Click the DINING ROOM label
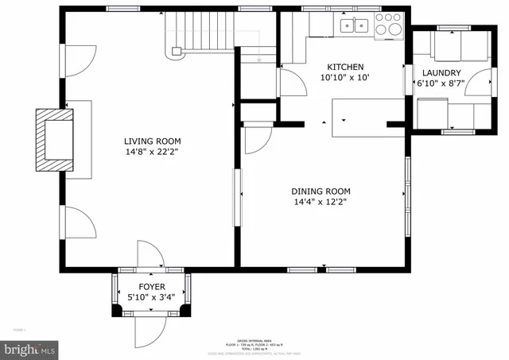[321, 191]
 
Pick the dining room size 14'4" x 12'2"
[321, 202]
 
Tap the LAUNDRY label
[441, 72]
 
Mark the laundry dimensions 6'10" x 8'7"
[441, 83]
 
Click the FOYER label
[152, 287]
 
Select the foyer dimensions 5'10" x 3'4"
[152, 298]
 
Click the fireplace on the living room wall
[56, 139]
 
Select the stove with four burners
[388, 25]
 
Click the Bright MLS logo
[31, 348]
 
